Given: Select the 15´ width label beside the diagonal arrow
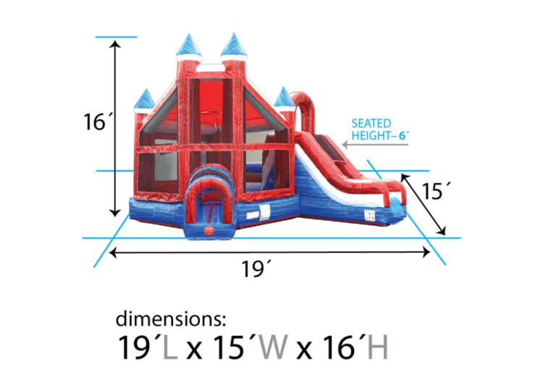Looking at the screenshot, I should click(436, 191).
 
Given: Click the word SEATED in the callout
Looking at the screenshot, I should click(371, 123).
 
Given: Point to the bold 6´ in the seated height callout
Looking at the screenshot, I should click(403, 135).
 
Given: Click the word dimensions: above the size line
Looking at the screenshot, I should click(171, 319).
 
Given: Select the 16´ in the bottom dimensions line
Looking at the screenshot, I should click(340, 349).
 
